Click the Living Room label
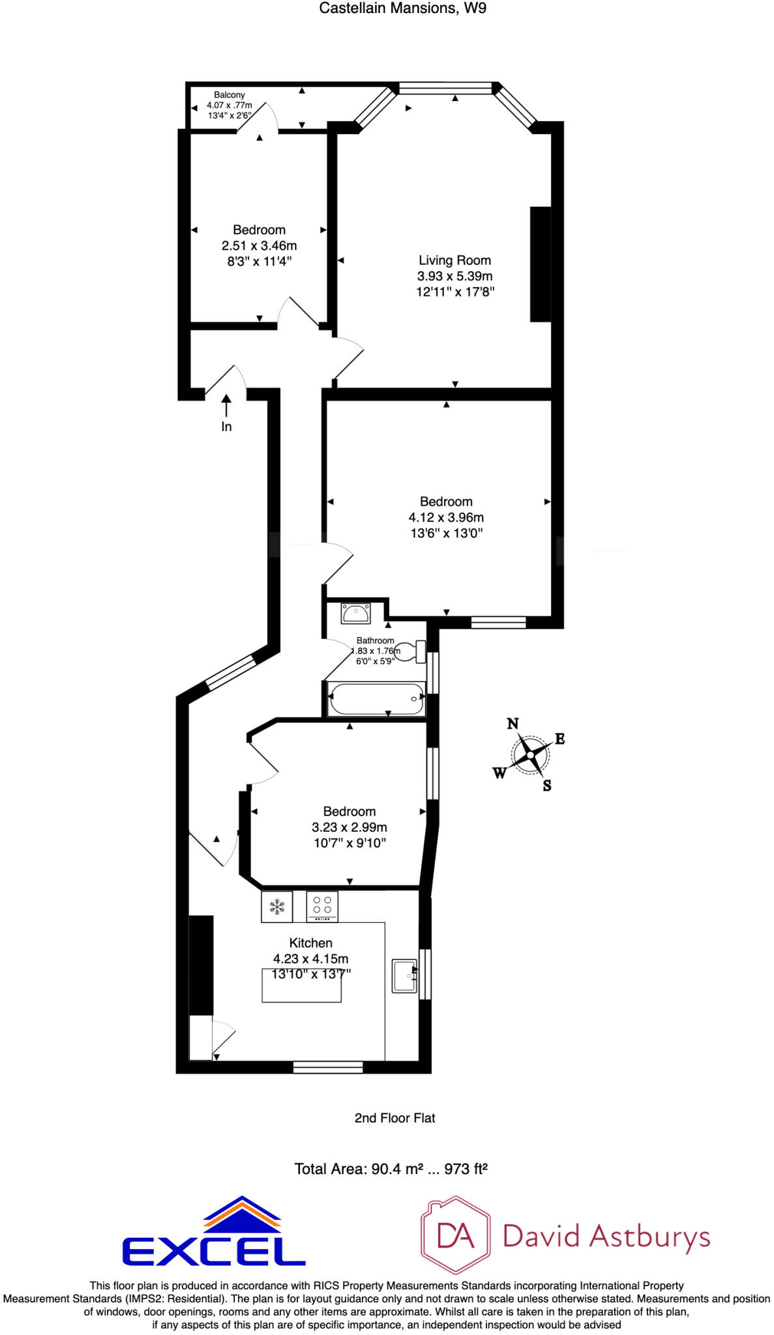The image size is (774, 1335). click(x=454, y=260)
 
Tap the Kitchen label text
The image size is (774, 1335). click(x=310, y=943)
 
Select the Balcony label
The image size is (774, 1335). click(x=230, y=95)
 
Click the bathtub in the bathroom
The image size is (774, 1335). click(x=377, y=699)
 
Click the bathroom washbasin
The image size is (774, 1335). click(x=355, y=613)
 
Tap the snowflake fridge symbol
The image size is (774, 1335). click(x=277, y=906)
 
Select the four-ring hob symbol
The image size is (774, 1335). click(x=322, y=906)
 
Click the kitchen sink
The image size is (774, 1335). click(x=404, y=976)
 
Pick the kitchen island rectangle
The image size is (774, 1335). click(x=301, y=985)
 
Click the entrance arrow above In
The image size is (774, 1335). click(x=226, y=405)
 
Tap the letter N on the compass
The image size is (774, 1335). click(x=513, y=724)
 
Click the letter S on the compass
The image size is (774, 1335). click(x=547, y=785)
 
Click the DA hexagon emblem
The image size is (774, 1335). click(x=456, y=1235)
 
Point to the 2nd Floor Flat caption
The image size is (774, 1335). click(x=394, y=1118)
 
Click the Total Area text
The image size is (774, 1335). click(x=391, y=1169)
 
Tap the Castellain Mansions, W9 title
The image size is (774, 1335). click(x=403, y=8)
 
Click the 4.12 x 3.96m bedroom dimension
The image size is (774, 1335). click(x=446, y=518)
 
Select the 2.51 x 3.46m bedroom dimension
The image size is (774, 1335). click(x=259, y=246)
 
